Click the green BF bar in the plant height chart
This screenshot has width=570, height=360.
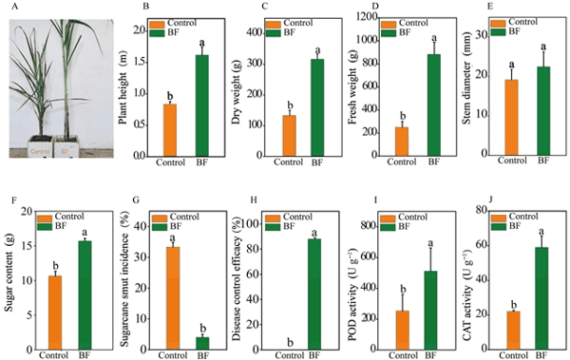(x=202, y=105)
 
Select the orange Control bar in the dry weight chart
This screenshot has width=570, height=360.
(x=290, y=136)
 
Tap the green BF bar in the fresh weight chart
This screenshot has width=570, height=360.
(x=434, y=105)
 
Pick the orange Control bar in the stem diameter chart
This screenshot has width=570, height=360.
(x=511, y=118)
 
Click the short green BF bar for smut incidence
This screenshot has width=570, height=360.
(x=202, y=343)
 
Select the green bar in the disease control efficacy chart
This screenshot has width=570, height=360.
(x=314, y=294)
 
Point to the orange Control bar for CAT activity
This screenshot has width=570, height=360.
(x=513, y=331)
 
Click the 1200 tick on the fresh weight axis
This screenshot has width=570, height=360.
(x=369, y=17)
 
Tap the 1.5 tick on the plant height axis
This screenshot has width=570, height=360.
(x=140, y=63)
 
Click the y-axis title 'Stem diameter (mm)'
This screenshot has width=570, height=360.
(x=467, y=78)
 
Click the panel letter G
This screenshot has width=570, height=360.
(x=137, y=200)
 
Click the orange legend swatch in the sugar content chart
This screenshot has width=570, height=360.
(x=44, y=218)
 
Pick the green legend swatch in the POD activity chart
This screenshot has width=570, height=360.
(x=388, y=227)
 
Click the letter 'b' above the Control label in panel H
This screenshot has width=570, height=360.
(x=290, y=342)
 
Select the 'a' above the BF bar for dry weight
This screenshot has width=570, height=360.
(x=317, y=49)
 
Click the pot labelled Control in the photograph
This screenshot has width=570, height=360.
(x=40, y=146)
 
